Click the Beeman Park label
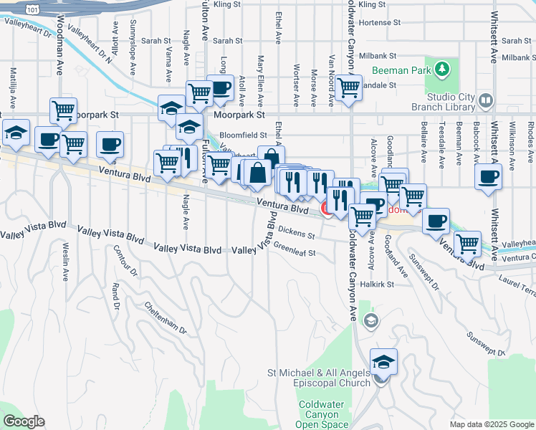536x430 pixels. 401,70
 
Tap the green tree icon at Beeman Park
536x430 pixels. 443,69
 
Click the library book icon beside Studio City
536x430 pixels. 486,100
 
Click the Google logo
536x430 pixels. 24,421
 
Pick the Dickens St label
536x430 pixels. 297,232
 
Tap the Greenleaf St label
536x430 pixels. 295,252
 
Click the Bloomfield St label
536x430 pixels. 243,134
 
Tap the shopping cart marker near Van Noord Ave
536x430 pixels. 348,87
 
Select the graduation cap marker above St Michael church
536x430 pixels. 383,360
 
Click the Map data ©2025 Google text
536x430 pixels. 491,424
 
